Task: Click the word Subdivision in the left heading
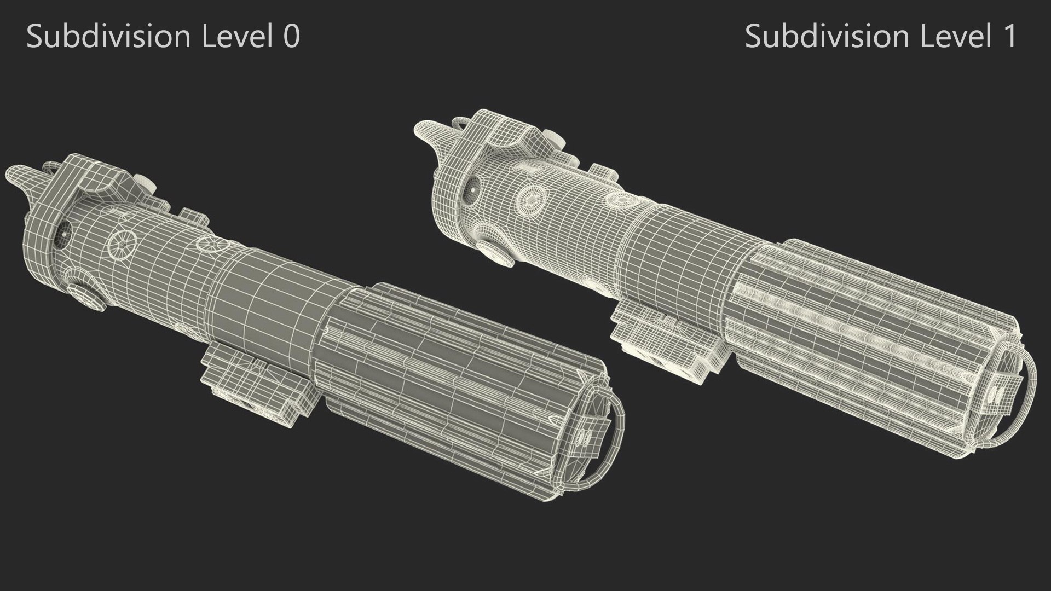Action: (x=108, y=37)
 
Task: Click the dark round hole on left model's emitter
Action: (x=63, y=233)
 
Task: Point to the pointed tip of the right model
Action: (x=425, y=131)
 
